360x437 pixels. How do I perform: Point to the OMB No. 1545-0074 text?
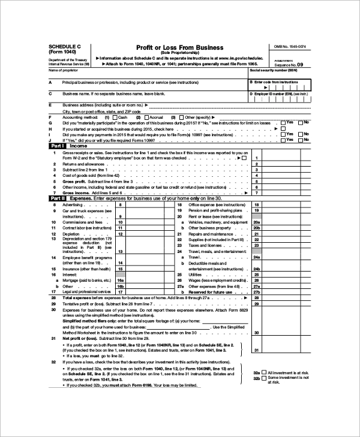pyautogui.click(x=290, y=46)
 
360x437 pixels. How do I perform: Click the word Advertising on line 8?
pyautogui.click(x=74, y=205)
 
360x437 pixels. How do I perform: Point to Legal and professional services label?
pyautogui.click(x=88, y=291)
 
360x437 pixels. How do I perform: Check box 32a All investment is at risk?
pyautogui.click(x=265, y=373)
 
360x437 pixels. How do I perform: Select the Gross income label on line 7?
pyautogui.click(x=76, y=193)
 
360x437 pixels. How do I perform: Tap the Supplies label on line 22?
pyautogui.click(x=196, y=239)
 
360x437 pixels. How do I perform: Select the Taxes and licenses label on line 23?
pyautogui.click(x=205, y=245)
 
